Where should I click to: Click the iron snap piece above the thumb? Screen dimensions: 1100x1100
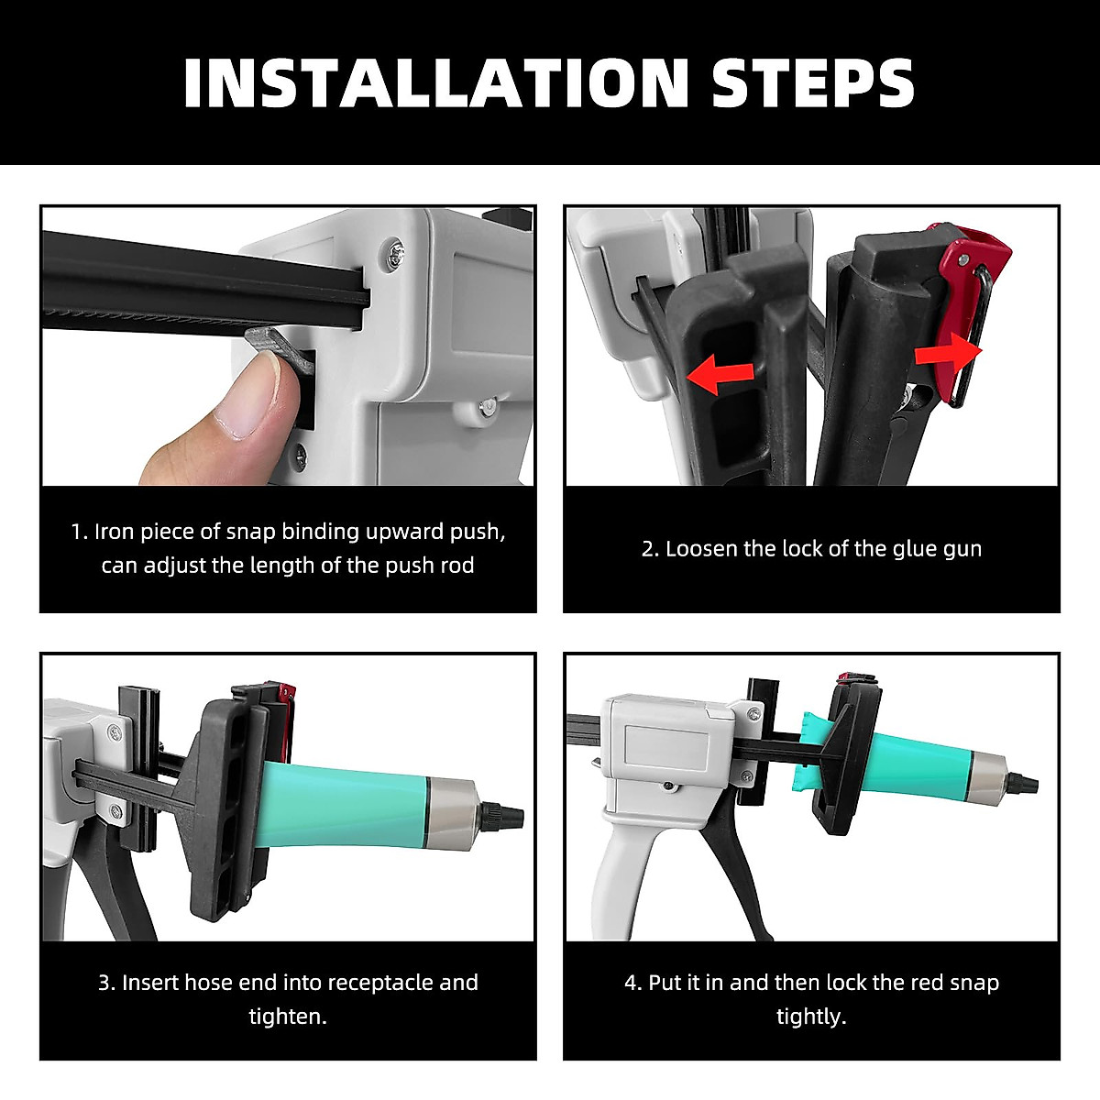[x=280, y=346]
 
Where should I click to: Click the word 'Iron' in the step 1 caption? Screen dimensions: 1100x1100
[x=114, y=532]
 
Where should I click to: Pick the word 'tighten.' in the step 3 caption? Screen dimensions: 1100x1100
[x=288, y=1017]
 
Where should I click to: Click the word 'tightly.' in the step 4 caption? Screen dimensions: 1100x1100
[x=811, y=1017]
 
